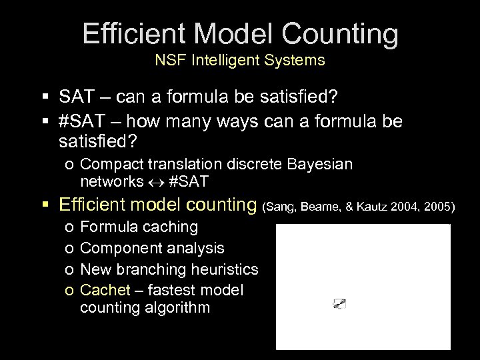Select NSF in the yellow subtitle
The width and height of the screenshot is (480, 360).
coord(169,61)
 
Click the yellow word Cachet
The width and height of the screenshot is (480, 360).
coord(102,291)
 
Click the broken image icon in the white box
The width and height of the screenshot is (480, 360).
coord(339,304)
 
